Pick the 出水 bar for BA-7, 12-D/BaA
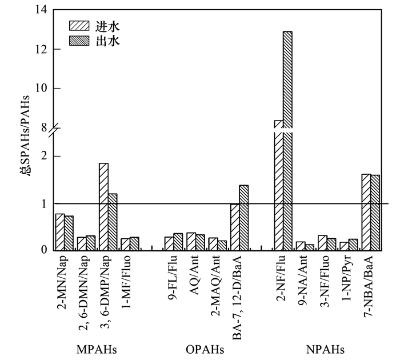[243, 218]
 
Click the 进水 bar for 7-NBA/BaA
[366, 212]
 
